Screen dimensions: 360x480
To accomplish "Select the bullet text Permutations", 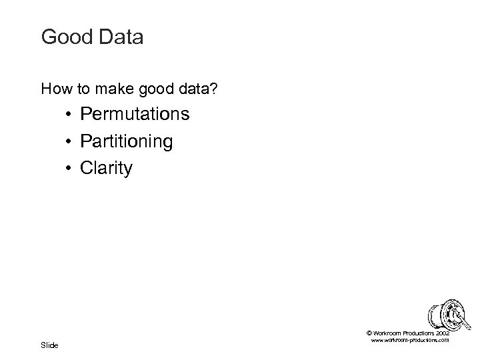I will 135,115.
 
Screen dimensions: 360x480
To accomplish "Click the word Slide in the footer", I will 50,345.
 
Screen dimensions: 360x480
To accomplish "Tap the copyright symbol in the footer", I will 369,333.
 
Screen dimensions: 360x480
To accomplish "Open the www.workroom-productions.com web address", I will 409,340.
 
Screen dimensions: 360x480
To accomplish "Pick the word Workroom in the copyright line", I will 387,333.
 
